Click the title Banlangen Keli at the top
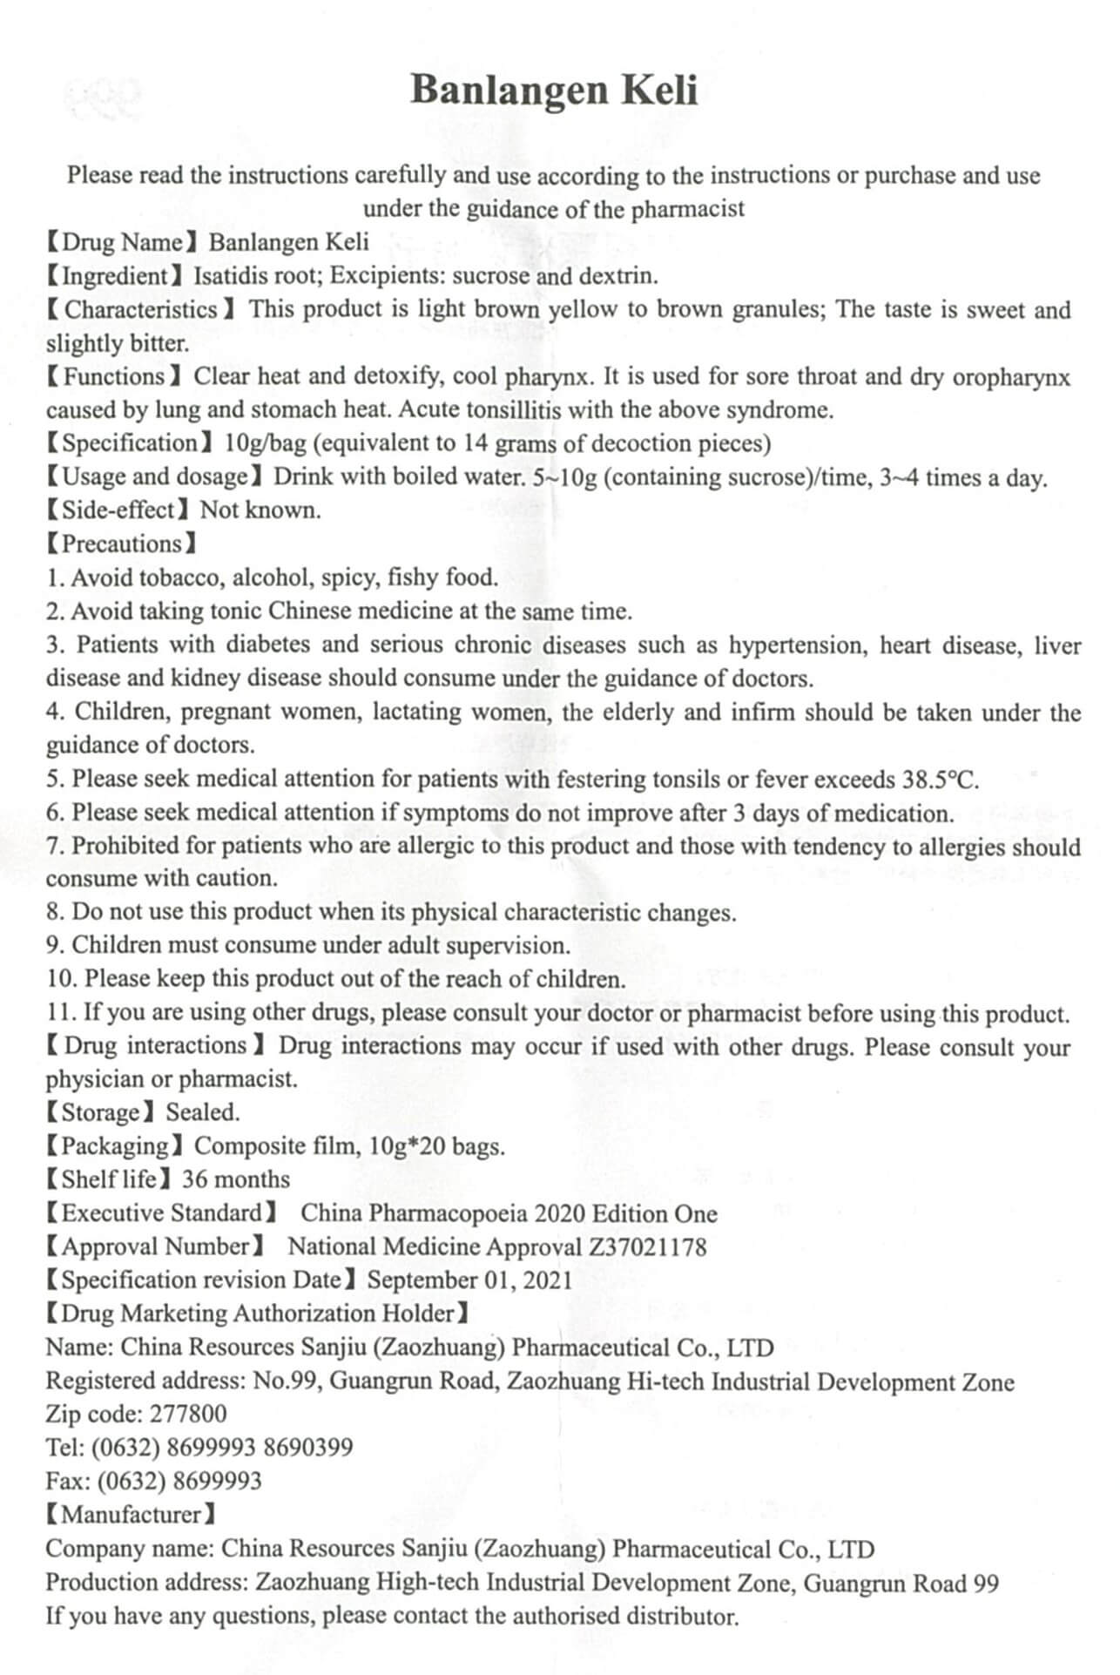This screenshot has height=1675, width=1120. (554, 91)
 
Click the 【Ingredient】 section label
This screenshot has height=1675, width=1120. (114, 276)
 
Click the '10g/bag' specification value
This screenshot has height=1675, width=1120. (266, 443)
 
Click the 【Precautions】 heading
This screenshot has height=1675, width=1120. (121, 544)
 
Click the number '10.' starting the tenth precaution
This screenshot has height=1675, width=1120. (62, 979)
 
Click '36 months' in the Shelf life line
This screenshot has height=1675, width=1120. (235, 1179)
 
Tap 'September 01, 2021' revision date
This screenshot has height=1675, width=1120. (469, 1280)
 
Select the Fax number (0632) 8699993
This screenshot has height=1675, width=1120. (179, 1481)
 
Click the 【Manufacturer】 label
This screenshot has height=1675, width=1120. (131, 1514)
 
